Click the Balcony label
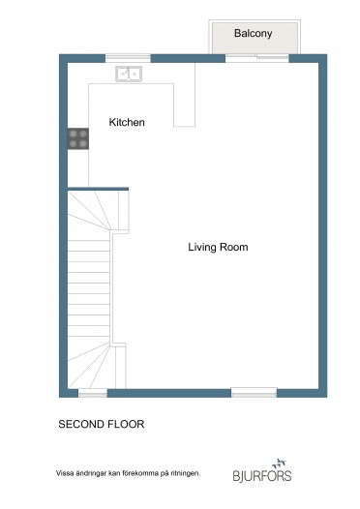coord(253,34)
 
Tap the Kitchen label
coord(127,122)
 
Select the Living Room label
coord(218,247)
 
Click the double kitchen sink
coord(129,74)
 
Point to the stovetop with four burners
coord(78,138)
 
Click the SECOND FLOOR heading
coord(102,424)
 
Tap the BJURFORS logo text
coord(262,475)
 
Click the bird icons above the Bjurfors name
coord(281,463)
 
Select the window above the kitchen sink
coord(128,58)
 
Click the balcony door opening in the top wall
coord(257,58)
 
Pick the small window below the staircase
coord(93,393)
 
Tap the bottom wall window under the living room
coord(254,393)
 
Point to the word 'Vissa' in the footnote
coord(65,473)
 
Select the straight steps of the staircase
coord(89,288)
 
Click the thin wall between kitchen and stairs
coord(98,189)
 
